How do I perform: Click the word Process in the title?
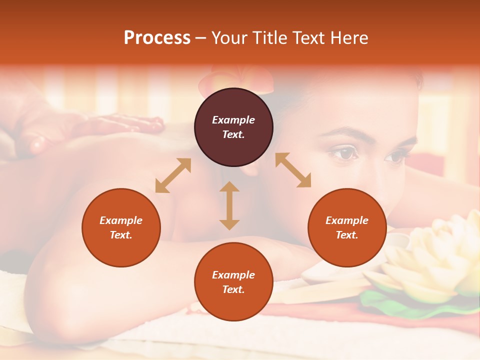157,38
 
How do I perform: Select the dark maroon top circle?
233,127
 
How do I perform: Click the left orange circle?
121,227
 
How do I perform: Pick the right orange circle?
347,227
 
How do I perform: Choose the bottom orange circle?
233,282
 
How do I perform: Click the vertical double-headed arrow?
229,205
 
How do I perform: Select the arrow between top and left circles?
173,175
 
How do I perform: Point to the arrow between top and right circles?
293,170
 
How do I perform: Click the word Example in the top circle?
233,120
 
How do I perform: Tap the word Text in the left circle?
121,235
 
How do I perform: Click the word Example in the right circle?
347,220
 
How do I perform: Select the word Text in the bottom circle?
233,289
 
